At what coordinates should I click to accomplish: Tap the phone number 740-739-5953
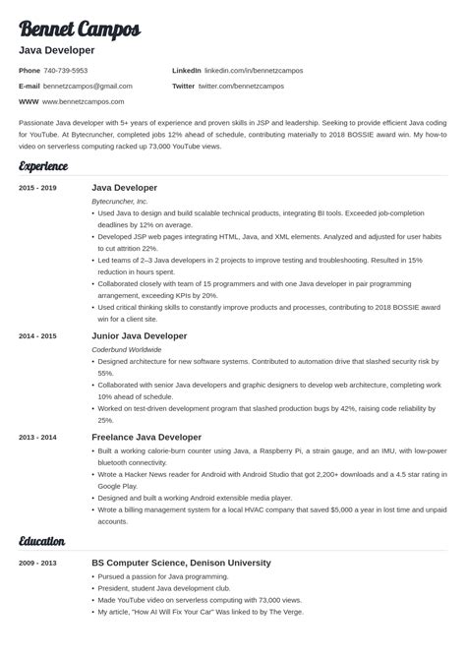67,71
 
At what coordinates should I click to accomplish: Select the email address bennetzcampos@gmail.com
88,87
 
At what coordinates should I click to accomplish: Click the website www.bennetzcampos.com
85,101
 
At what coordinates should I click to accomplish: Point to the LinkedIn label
186,71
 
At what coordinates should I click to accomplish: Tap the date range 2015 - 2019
37,187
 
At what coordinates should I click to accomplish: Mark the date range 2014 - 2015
37,335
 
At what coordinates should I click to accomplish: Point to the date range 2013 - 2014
37,437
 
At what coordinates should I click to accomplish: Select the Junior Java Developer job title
139,335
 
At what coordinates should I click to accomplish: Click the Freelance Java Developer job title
146,437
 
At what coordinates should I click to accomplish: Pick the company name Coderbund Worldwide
127,348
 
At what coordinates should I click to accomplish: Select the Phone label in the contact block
29,71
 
